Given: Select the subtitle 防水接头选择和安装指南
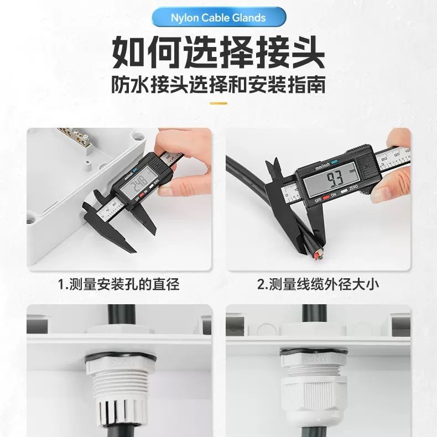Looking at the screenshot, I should click(218, 85).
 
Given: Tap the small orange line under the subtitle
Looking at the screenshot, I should click(218, 103).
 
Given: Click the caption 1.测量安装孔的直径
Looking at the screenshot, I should click(119, 285).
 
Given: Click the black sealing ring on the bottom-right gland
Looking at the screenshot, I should click(312, 351).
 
